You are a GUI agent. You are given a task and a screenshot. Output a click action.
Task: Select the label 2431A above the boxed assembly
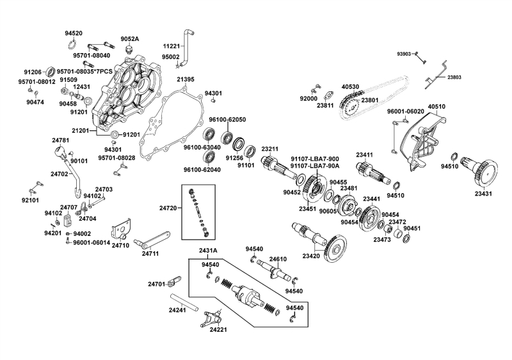click(207, 250)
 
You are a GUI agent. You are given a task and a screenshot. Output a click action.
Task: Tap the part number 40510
click(436, 107)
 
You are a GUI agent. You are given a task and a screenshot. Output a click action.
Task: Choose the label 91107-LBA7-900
click(314, 159)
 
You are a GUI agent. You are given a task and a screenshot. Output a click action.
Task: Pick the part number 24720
click(168, 208)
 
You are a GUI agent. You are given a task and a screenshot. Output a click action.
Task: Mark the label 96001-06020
click(406, 111)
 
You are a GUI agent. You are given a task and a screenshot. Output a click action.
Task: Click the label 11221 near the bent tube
click(171, 46)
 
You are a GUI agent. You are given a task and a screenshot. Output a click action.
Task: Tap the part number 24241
click(177, 310)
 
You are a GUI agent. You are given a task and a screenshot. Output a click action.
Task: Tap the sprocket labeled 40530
click(349, 103)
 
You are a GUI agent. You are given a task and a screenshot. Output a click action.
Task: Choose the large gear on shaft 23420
click(337, 249)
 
